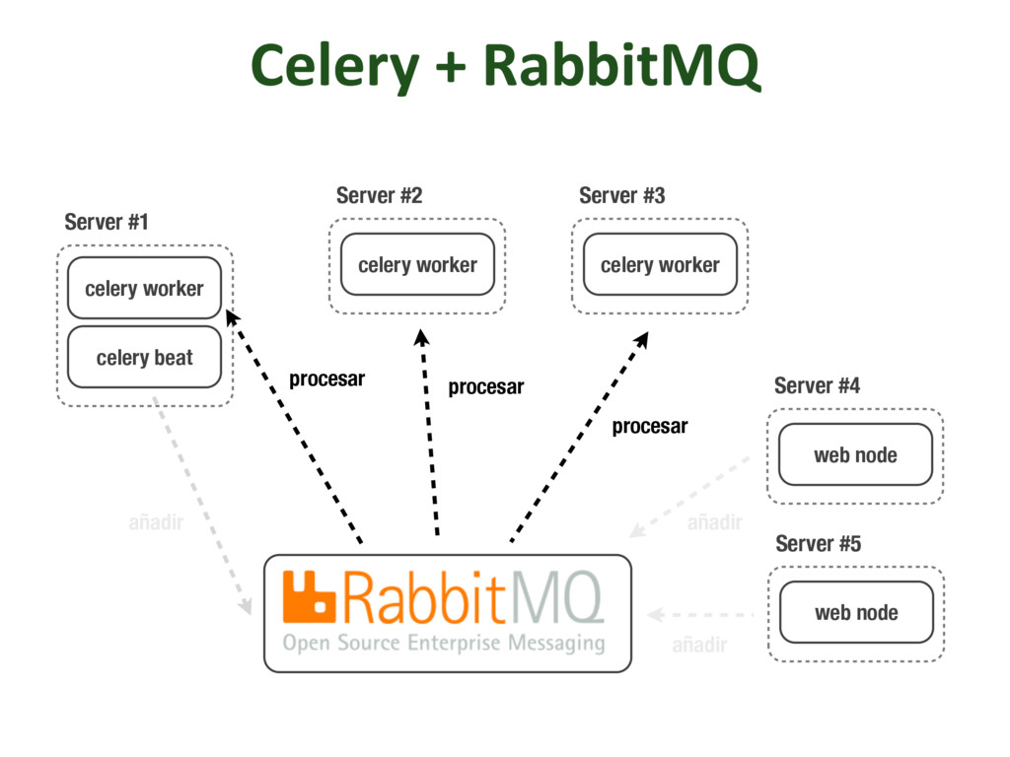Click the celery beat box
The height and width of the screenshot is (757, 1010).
pos(144,358)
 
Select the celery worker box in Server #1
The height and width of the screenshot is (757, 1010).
pos(144,289)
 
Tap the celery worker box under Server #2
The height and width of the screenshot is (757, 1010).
pos(417,265)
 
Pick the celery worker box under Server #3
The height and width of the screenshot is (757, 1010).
pos(660,265)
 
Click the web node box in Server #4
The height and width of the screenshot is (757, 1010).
pos(855,454)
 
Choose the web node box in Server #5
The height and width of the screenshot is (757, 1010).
pos(856,612)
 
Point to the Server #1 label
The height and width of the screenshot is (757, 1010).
pos(107,222)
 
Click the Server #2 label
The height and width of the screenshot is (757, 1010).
pos(379,195)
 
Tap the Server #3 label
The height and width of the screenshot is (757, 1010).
pos(621,195)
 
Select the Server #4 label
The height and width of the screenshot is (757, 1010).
pos(817,385)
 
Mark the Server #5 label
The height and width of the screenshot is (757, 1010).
pos(818,543)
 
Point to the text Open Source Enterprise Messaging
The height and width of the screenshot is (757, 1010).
pos(444,644)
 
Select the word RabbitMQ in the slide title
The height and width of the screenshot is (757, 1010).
pos(621,67)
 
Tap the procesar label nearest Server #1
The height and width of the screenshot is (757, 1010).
pos(326,379)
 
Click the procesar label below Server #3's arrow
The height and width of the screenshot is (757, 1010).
pos(649,427)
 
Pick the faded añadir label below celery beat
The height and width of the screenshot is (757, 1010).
pos(156,522)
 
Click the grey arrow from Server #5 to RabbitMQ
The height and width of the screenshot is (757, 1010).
pos(700,615)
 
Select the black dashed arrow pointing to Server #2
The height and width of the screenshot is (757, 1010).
pos(429,434)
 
